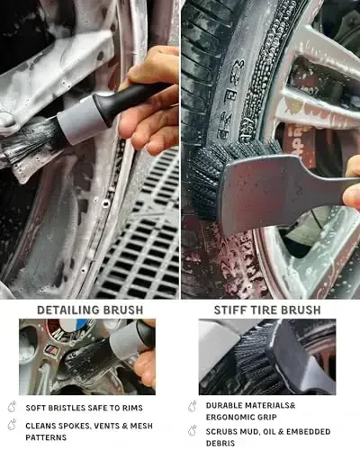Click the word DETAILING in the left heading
(67, 310)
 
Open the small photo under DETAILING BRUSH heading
(86, 357)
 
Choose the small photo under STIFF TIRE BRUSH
(266, 357)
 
